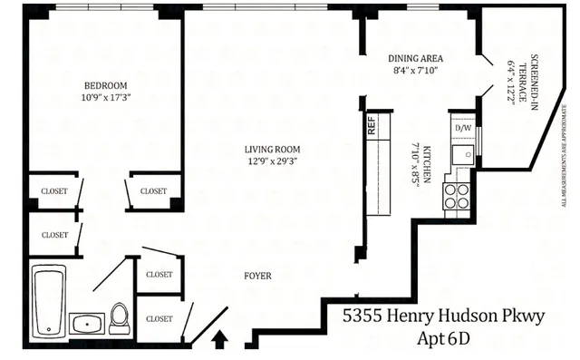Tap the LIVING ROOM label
(x=272, y=150)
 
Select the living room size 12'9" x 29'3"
(x=272, y=161)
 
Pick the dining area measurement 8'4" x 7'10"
(x=415, y=70)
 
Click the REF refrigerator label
(x=372, y=126)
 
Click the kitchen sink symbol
(x=462, y=153)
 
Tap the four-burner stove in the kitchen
(x=457, y=196)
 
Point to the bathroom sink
(x=87, y=323)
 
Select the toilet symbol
(x=119, y=317)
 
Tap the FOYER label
(x=258, y=276)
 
